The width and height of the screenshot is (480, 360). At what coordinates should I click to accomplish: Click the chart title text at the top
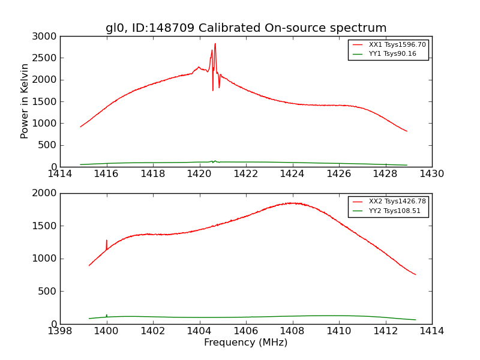click(x=246, y=28)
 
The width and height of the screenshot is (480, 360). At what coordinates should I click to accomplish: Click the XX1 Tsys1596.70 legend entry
click(x=397, y=45)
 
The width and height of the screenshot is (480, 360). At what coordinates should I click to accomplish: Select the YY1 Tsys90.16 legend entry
click(x=392, y=54)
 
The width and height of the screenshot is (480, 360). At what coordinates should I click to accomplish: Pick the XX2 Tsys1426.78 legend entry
click(x=397, y=202)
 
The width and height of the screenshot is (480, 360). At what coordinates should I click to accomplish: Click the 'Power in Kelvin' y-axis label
click(x=25, y=101)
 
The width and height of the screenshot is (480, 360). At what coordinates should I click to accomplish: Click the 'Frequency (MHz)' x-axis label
click(x=245, y=343)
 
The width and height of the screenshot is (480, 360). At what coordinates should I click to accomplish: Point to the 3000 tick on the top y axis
click(x=45, y=37)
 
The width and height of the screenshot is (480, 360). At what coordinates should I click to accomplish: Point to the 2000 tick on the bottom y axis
click(x=45, y=193)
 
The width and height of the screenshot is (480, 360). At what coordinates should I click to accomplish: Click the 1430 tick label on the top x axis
click(x=431, y=174)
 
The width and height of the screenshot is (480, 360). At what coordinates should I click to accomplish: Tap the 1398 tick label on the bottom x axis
click(x=60, y=331)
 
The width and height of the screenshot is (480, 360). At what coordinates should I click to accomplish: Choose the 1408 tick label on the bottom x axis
click(x=292, y=331)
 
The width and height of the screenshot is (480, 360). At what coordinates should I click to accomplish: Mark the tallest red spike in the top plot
click(x=215, y=44)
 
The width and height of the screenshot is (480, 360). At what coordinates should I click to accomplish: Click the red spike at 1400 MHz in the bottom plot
click(x=107, y=241)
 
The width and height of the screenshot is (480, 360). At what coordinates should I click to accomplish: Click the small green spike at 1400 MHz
click(x=107, y=314)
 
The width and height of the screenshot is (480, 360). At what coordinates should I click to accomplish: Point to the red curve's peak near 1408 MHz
click(x=292, y=203)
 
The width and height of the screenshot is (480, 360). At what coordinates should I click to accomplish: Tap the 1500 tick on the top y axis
click(x=45, y=101)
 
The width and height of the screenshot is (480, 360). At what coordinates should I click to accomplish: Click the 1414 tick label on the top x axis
click(x=60, y=174)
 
